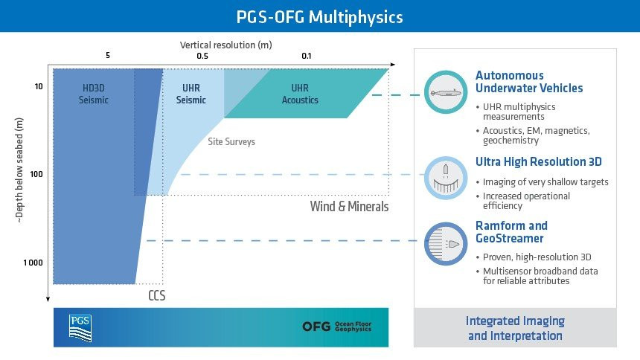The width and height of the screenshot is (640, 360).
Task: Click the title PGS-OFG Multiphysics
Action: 319,17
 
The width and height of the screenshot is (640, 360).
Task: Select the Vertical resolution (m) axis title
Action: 225,45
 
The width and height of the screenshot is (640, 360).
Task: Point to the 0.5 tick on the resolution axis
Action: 202,56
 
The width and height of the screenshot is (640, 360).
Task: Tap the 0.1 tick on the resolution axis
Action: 306,56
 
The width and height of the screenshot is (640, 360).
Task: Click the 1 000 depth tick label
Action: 33,263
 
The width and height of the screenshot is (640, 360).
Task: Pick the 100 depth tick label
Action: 36,174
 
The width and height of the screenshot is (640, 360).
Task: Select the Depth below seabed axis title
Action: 19,170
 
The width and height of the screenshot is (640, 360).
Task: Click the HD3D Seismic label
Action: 94,94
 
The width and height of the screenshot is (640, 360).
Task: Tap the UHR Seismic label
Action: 191,94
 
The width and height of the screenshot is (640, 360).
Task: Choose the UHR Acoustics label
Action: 300,94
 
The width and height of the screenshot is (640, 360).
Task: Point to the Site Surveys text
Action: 231,141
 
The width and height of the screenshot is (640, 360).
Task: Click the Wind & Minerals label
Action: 349,206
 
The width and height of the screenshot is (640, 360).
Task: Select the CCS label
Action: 157,295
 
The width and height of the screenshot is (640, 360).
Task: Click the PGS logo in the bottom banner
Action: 80,328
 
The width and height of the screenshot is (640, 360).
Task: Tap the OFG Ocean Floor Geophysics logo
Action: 336,327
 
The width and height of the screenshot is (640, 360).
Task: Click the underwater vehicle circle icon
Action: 446,92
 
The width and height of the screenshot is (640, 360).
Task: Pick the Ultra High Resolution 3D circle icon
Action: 446,178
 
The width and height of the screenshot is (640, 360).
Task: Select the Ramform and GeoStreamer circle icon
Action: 446,244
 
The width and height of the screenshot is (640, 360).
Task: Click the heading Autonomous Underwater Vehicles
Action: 529,82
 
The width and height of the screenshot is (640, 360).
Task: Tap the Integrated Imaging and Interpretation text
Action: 515,328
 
